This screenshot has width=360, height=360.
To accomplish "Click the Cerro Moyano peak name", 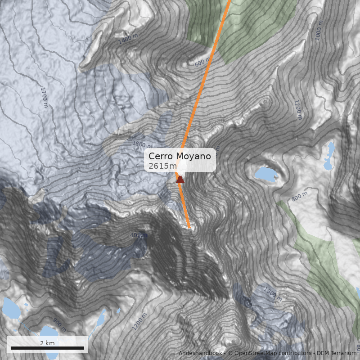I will point(180,156).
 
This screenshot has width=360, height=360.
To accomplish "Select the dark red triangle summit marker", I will point(180,180).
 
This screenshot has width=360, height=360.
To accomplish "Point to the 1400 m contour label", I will point(128,40).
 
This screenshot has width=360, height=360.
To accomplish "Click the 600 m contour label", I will point(202,63).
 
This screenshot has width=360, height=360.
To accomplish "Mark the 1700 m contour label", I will point(44,97).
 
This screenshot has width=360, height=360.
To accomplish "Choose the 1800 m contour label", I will point(142,144).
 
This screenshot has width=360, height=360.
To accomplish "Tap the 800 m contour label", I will point(300,196).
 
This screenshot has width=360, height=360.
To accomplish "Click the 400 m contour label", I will point(138,235).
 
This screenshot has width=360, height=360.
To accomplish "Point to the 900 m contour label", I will point(59,322).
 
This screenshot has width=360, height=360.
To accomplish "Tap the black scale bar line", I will point(47,348).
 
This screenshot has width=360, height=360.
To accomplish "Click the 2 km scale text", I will point(47,343).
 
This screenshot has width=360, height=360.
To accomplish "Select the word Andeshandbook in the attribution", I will point(200,353).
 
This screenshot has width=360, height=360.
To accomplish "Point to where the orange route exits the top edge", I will point(229,1).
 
